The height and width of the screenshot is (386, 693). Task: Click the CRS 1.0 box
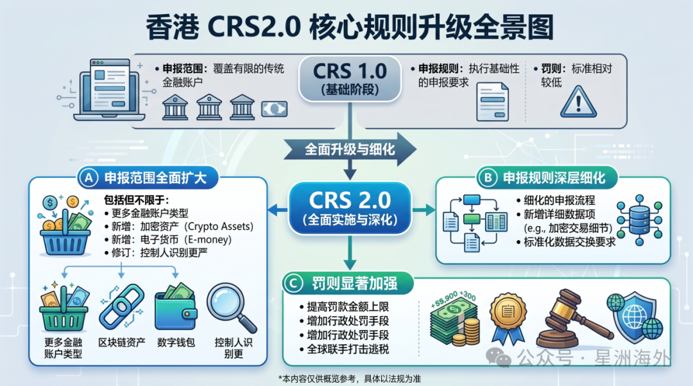point(347,79)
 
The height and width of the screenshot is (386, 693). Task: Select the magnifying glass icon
point(230,308)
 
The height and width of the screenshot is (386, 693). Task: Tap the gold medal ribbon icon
point(508,317)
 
